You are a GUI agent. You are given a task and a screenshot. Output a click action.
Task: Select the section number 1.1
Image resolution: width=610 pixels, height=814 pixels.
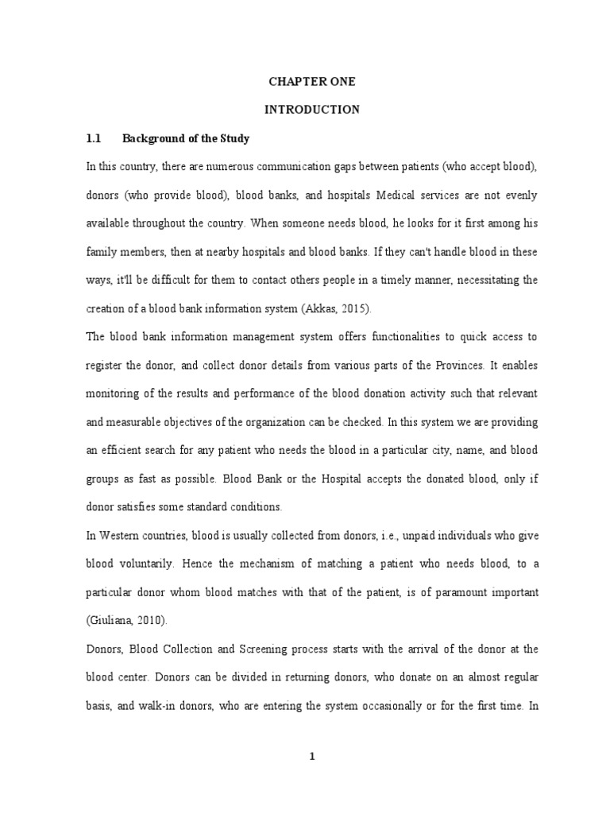(95, 138)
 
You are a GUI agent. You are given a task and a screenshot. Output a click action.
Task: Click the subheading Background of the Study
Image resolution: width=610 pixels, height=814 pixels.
(186, 138)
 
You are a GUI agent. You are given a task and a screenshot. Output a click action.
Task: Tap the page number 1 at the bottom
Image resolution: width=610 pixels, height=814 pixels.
(313, 757)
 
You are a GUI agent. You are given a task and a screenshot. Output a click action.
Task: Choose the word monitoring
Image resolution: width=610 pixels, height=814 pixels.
(113, 393)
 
